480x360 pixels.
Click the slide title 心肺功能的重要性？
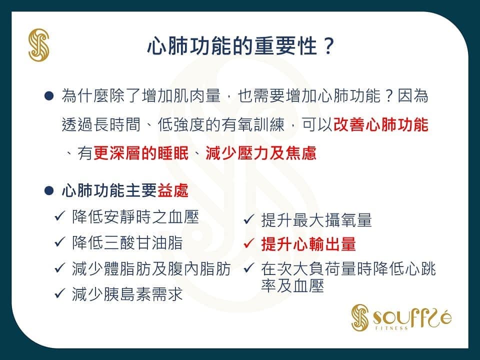coord(241,46)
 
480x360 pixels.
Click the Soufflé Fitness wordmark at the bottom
coord(401,318)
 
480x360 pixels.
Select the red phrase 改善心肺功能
coord(380,124)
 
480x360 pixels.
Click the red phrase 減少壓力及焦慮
coord(261,153)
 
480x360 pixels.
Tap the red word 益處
coord(172,190)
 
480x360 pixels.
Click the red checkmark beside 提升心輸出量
coord(248,243)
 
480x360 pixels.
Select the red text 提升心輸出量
coord(308,244)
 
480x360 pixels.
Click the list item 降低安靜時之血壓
coord(135,217)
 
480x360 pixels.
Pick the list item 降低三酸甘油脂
coord(127,243)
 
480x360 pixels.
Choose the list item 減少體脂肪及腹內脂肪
coord(151,269)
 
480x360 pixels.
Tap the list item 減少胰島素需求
coord(127,294)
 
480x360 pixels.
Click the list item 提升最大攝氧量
coord(316,220)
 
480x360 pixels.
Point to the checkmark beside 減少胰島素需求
coord(59,293)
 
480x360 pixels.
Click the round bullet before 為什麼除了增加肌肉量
coord(49,96)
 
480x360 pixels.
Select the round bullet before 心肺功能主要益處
coord(49,190)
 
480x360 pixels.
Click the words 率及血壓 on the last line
coord(292,285)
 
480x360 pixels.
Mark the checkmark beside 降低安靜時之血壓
coord(59,216)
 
